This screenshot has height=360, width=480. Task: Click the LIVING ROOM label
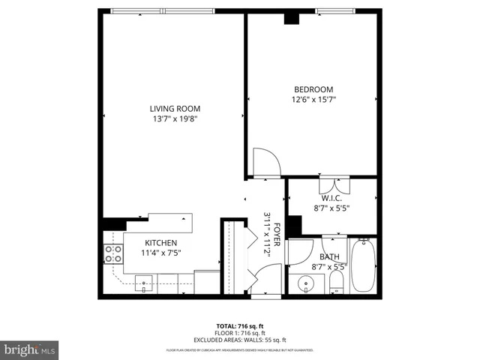tap(173, 108)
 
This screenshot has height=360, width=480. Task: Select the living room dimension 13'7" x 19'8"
tap(173, 118)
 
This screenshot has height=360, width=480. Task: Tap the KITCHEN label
tap(160, 243)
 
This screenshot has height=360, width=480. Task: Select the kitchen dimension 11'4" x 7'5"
tap(160, 253)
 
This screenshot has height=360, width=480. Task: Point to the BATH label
tap(330, 256)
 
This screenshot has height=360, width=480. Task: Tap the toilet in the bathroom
tap(337, 283)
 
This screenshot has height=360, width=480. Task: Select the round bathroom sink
tap(306, 284)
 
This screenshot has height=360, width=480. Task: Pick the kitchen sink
tap(145, 283)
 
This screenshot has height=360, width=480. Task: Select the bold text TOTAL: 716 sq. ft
tap(240, 326)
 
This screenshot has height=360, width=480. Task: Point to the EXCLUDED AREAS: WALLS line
tap(240, 340)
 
